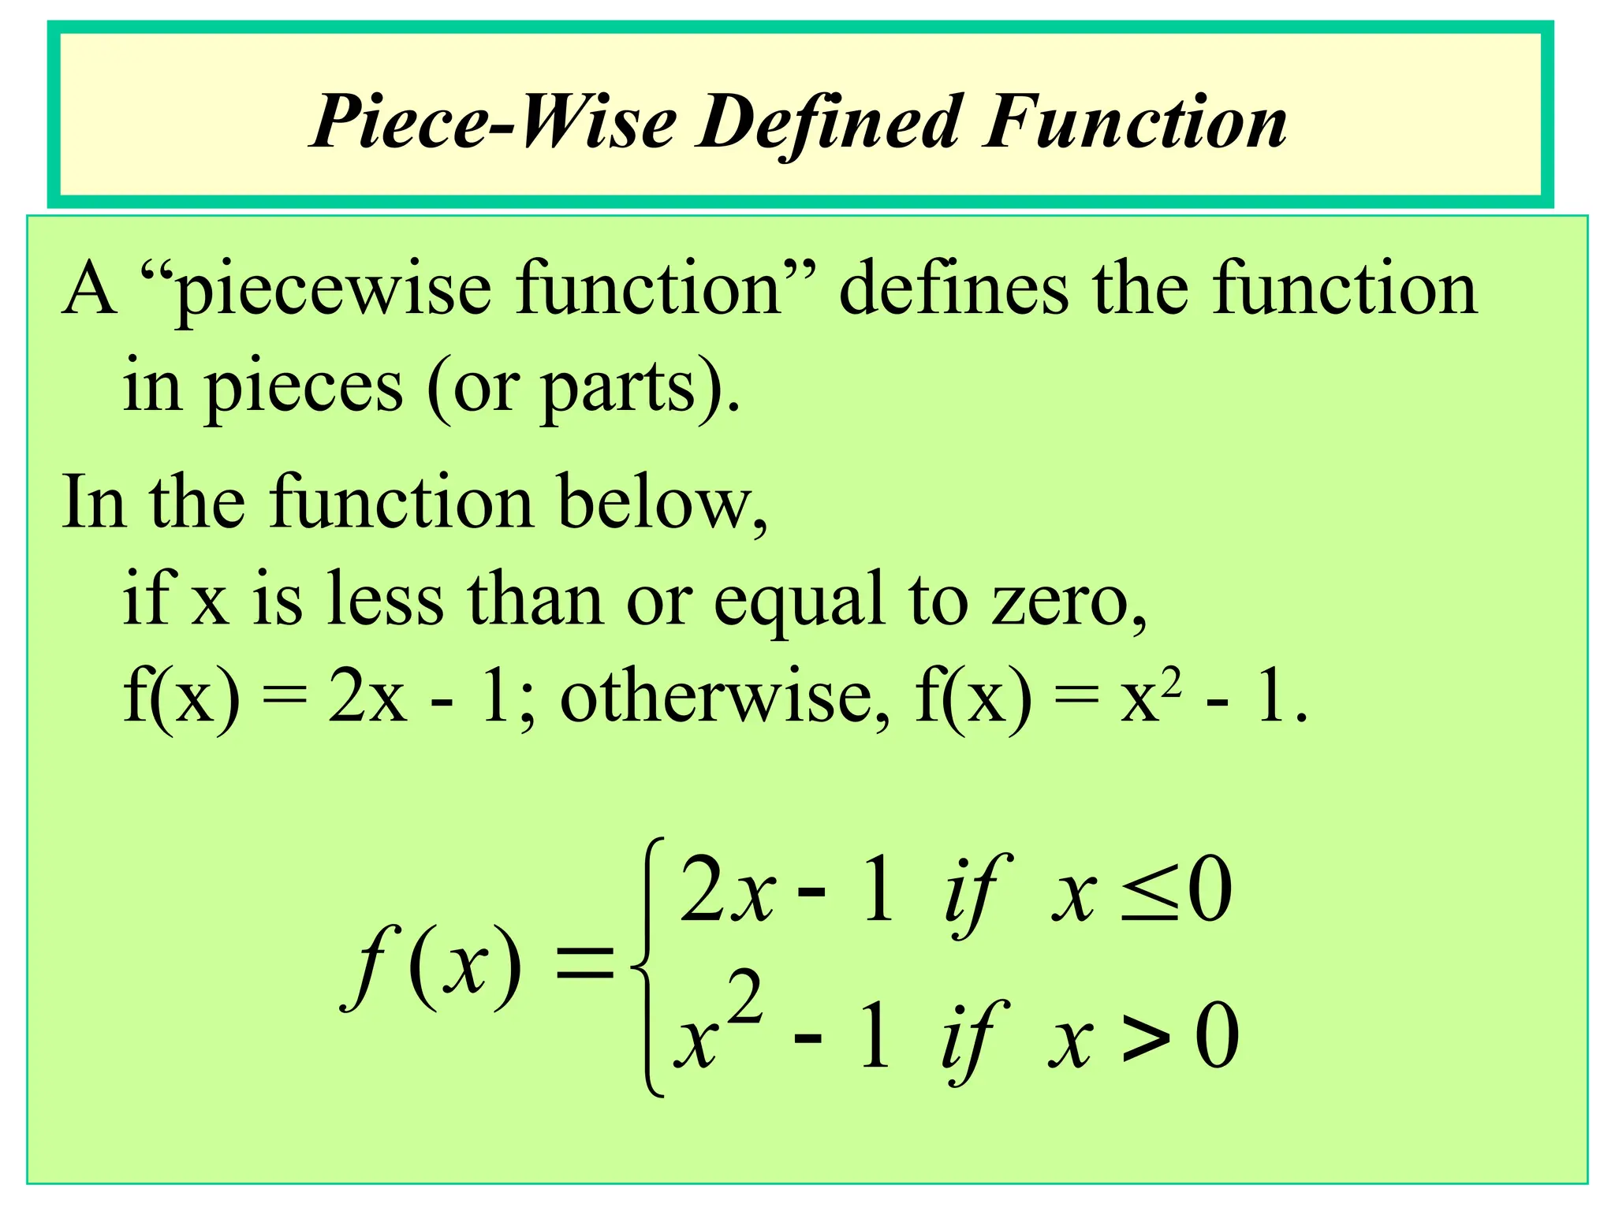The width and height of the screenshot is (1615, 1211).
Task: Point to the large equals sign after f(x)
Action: (584, 965)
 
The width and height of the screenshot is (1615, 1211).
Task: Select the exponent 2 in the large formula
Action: (744, 997)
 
